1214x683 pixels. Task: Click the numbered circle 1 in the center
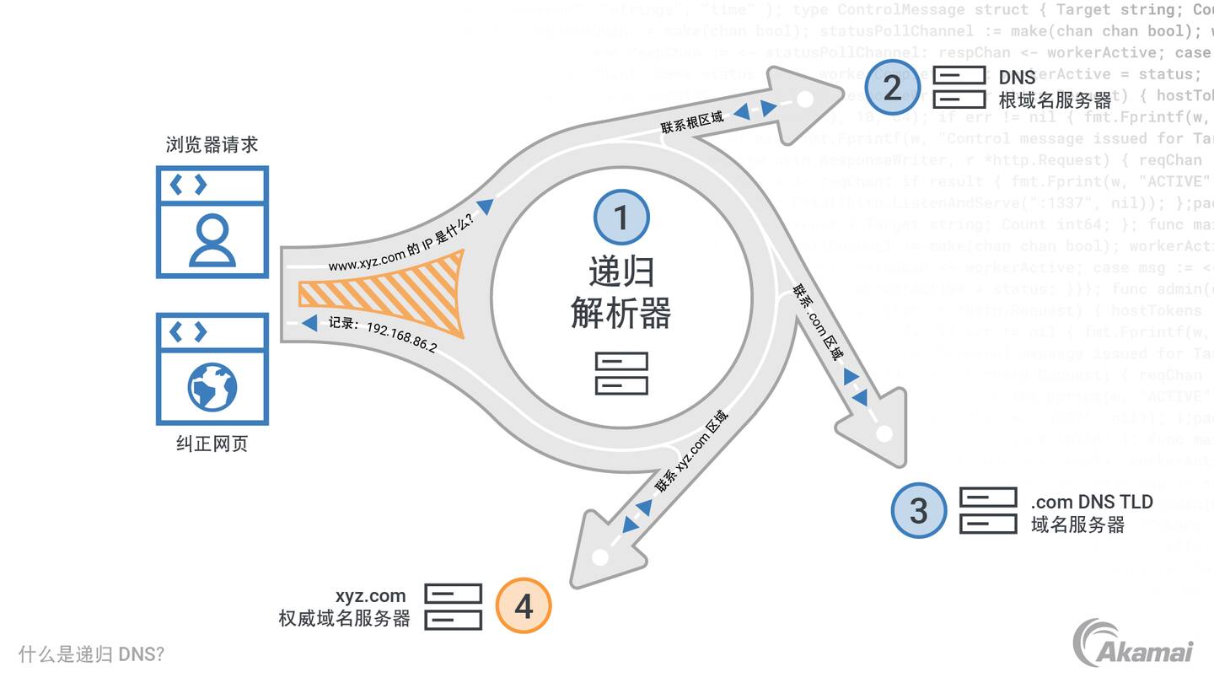[620, 218]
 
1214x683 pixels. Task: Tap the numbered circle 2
[891, 88]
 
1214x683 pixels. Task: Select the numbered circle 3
[918, 510]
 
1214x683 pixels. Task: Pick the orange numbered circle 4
[523, 605]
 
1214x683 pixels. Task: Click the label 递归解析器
[620, 293]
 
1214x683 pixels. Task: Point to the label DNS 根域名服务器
[1055, 89]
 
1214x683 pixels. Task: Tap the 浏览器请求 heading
[212, 145]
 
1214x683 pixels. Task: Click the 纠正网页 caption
[212, 444]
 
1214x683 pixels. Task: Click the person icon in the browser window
[212, 239]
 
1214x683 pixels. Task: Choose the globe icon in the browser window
[212, 387]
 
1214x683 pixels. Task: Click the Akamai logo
[1133, 645]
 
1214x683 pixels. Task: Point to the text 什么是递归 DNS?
[91, 654]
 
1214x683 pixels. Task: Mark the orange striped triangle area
[396, 293]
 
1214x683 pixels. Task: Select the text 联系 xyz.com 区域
[691, 452]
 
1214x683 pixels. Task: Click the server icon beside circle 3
[987, 510]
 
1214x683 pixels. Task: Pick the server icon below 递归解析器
[621, 374]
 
